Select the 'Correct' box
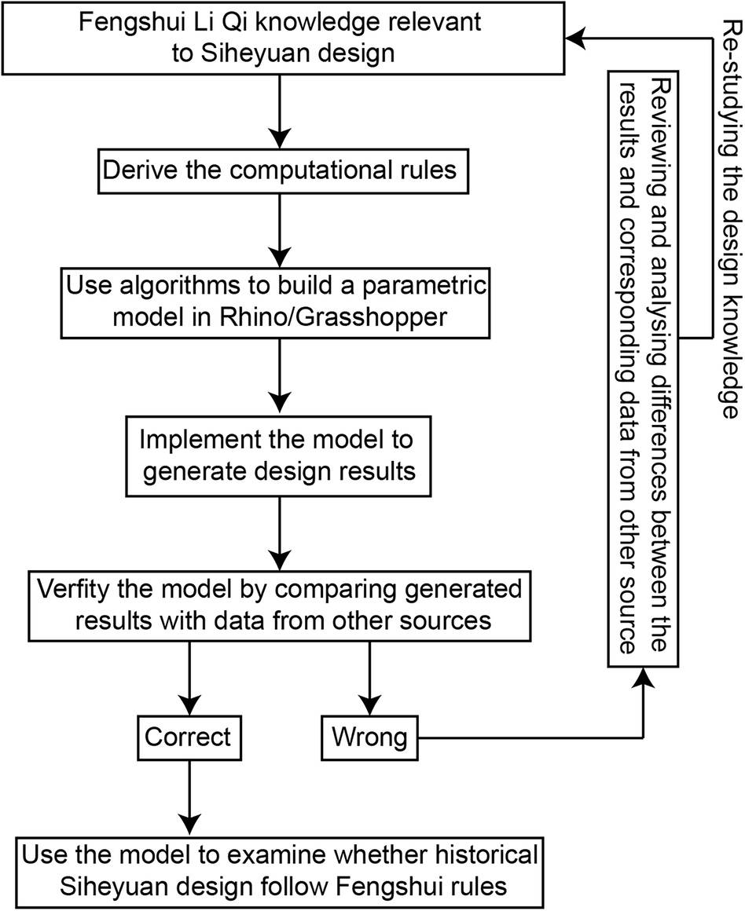click(189, 737)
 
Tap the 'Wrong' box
click(369, 737)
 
